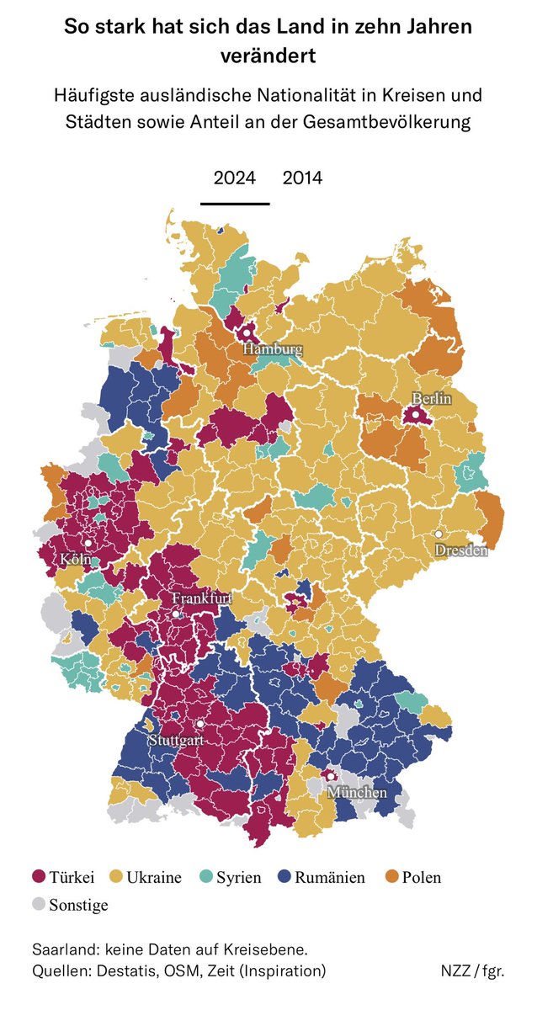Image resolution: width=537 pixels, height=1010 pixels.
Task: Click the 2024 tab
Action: point(235,178)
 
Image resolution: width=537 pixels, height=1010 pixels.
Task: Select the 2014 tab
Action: point(302,178)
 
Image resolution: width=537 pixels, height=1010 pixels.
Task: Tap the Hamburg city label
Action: point(273,349)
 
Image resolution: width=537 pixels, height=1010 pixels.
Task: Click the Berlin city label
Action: point(431,399)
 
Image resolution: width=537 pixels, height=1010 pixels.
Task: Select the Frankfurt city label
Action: point(202,598)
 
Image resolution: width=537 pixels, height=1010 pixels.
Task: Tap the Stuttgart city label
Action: point(176,742)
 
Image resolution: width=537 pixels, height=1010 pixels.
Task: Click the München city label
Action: point(357,793)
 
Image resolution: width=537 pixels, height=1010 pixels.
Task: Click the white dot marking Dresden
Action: point(439,535)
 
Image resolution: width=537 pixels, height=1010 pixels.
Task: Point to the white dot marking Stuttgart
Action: point(200,725)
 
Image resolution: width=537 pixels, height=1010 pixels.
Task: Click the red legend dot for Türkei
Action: point(37,878)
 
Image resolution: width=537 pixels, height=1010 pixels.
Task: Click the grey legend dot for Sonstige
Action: point(37,906)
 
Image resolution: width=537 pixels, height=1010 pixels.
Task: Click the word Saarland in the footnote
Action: point(62,949)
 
